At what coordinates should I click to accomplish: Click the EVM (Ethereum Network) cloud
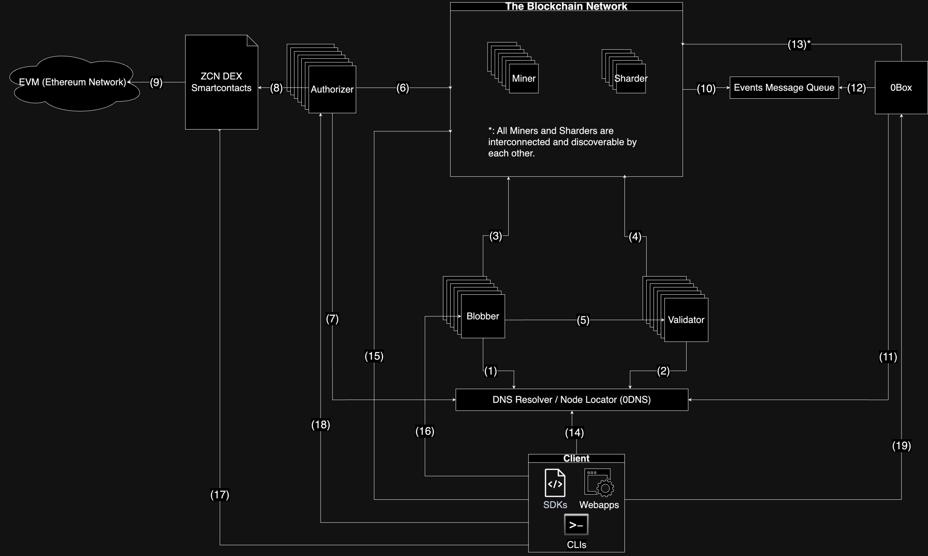[73, 82]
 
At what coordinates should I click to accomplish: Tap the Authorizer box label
[332, 89]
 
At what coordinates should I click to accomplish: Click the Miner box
[524, 79]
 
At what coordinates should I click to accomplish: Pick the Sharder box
[631, 79]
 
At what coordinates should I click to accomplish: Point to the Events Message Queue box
[784, 87]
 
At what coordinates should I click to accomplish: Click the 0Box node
[901, 87]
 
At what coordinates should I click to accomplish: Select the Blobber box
[483, 316]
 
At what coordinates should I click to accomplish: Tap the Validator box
[686, 320]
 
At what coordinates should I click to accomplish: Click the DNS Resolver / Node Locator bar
[572, 400]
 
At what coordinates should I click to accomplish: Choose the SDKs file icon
[555, 483]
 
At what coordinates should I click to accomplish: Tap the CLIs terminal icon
[576, 525]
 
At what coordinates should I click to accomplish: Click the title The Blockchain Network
[566, 6]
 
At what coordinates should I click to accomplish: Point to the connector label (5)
[583, 320]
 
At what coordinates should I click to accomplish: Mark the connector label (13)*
[799, 44]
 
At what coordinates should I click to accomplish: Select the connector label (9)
[156, 83]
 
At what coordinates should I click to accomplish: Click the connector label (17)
[220, 495]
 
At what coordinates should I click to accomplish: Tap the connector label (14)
[574, 433]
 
